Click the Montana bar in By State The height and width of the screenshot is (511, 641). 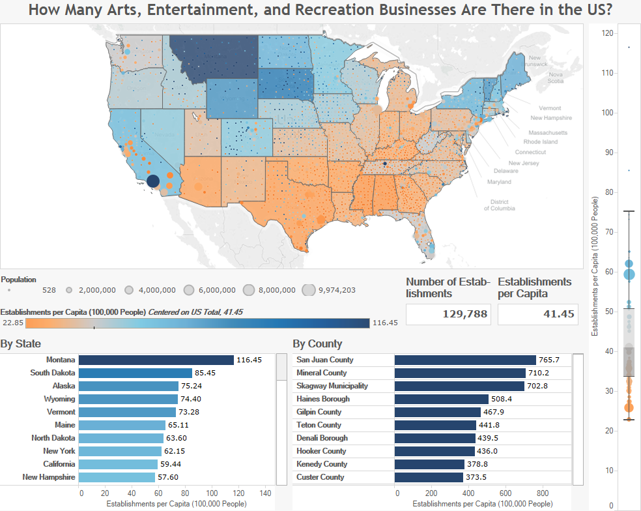click(156, 360)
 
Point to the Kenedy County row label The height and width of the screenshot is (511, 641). click(322, 464)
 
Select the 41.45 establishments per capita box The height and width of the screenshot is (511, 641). click(539, 314)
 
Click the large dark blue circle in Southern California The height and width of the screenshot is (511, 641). click(153, 182)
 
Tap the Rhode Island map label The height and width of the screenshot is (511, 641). click(541, 141)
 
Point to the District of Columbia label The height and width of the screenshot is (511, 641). click(499, 205)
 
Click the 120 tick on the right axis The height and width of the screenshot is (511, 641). click(607, 33)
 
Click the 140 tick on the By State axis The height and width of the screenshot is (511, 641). click(266, 493)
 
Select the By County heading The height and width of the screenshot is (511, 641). click(317, 343)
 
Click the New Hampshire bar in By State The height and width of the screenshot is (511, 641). click(117, 477)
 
